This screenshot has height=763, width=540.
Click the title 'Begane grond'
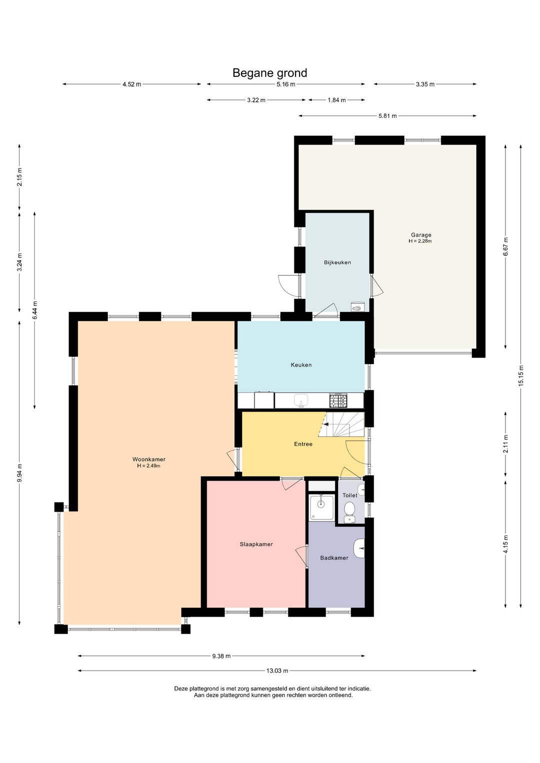269,73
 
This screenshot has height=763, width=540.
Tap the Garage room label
421,234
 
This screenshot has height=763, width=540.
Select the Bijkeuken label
337,262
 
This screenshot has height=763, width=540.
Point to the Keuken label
301,365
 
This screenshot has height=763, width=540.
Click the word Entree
303,444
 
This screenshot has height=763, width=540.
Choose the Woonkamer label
149,459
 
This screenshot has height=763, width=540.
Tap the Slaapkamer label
256,544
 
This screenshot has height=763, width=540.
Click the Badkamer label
334,557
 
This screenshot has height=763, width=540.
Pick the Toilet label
350,495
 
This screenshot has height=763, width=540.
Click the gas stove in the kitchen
338,400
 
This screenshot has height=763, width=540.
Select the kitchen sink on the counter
301,400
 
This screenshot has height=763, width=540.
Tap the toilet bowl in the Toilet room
349,510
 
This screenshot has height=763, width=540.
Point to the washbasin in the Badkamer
359,548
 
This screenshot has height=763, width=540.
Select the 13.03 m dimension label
277,670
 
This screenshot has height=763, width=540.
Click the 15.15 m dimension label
520,375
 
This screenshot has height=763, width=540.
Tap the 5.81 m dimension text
387,116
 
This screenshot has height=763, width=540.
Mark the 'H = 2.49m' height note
148,465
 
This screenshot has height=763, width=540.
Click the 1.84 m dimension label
336,100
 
